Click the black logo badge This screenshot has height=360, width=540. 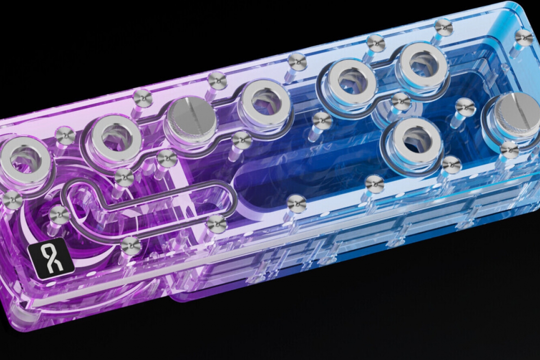[51, 261]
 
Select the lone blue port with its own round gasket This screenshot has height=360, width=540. [411, 140]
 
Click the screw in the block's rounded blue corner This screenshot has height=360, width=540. [524, 38]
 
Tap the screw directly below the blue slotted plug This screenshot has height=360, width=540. [509, 150]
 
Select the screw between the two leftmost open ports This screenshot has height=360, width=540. [65, 136]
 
